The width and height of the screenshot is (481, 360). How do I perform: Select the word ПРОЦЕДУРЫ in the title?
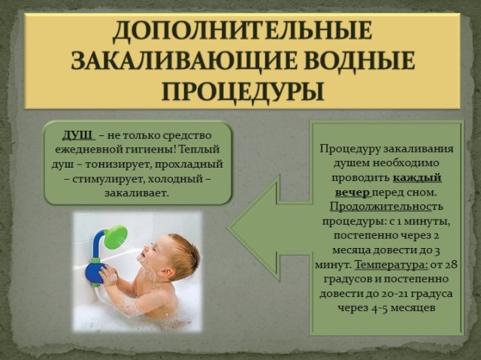[x=242, y=90]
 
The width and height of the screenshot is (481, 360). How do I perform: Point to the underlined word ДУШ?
[x=77, y=135]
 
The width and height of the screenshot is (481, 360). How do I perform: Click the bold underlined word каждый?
[x=417, y=178]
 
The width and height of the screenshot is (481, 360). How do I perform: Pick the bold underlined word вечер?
[x=352, y=192]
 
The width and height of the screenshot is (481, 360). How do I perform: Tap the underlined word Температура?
[x=391, y=265]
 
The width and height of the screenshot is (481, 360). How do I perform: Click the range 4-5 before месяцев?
[x=378, y=308]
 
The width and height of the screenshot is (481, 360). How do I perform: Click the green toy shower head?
[x=116, y=237]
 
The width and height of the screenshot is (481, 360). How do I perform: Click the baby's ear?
[x=168, y=271]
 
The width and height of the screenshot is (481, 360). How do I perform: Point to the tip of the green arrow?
[x=228, y=228]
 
